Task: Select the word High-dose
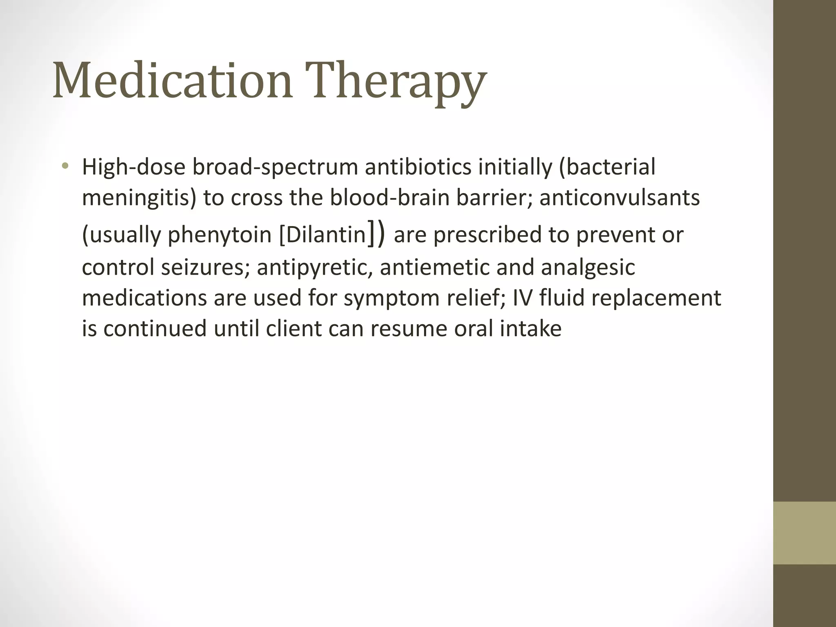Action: point(133,167)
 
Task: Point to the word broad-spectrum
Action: point(275,167)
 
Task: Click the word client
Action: point(293,329)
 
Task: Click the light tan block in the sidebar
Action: point(804,533)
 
